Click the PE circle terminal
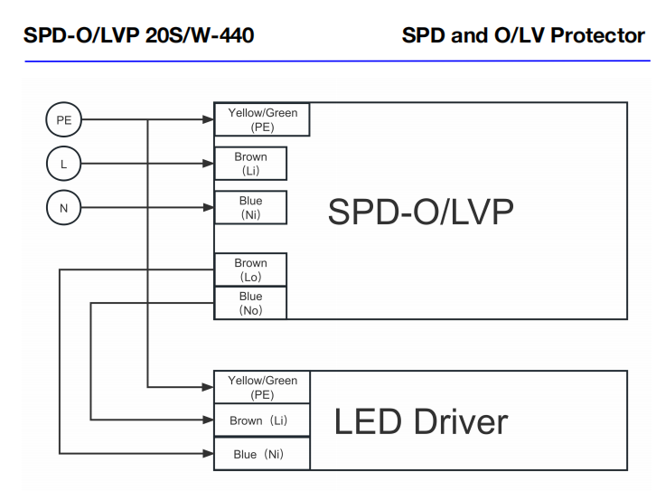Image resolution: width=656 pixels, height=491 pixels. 63,119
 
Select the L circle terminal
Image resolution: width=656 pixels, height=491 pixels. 63,164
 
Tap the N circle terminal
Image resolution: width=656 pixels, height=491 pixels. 63,208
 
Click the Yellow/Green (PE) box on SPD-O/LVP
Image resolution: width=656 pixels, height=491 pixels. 262,119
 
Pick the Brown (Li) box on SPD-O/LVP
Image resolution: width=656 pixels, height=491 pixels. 250,164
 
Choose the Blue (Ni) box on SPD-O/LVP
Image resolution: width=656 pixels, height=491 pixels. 250,208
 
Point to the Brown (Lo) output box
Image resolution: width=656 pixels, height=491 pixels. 250,269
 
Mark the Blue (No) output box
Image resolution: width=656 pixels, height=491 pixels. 250,303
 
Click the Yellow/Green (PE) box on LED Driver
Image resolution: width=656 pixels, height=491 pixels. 262,387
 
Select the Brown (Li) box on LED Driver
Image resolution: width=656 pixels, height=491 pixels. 262,420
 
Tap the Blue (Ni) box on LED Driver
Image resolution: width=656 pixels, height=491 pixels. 262,454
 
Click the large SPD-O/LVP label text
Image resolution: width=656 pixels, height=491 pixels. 420,212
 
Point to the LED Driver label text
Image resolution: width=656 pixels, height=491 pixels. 421,421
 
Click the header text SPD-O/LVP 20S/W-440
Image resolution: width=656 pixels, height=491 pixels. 138,36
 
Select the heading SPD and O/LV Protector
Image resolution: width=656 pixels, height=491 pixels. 523,36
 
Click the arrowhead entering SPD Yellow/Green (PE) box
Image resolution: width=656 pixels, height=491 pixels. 209,119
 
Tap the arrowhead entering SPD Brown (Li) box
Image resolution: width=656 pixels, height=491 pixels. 209,164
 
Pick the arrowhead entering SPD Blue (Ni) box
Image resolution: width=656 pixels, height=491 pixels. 209,208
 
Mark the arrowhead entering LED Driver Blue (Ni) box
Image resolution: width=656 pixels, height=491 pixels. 209,453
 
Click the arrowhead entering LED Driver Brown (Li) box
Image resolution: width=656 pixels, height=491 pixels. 209,420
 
